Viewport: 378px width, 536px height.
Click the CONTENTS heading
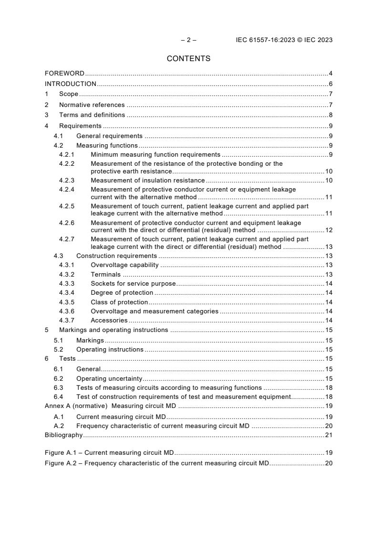[188, 59]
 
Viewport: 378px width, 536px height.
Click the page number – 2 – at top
[188, 40]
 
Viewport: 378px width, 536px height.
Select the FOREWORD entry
[64, 74]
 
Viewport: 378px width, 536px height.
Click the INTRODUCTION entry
[71, 84]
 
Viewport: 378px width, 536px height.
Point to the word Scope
[69, 94]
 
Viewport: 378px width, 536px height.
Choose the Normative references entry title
[92, 105]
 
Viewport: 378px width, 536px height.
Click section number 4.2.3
[67, 181]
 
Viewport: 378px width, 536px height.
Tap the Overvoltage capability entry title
[125, 265]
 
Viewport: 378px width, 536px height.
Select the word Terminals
[106, 275]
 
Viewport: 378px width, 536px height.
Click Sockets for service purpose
[133, 284]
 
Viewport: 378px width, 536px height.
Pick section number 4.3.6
[67, 311]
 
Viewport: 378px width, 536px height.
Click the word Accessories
[109, 321]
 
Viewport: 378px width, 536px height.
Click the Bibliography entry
[63, 435]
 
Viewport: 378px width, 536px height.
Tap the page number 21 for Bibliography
[328, 435]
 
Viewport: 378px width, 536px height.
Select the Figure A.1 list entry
[109, 452]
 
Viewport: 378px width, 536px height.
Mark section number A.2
[59, 426]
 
